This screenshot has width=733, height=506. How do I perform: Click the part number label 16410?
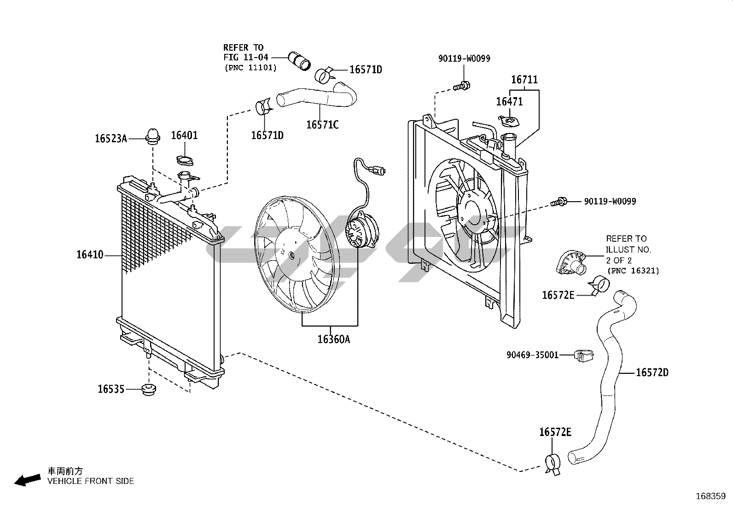[90, 255]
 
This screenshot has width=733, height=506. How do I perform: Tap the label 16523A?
[111, 138]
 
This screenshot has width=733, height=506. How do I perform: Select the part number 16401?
[184, 135]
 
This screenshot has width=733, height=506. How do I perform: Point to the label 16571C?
[322, 125]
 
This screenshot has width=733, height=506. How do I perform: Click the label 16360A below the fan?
[333, 339]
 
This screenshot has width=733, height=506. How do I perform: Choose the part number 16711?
[524, 80]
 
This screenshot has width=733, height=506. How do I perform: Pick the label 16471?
[509, 102]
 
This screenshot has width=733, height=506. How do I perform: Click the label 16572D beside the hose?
[652, 372]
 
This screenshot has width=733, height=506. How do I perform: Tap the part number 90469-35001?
[532, 355]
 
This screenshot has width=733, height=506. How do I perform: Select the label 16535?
[111, 389]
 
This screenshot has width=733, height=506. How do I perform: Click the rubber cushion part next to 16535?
[148, 389]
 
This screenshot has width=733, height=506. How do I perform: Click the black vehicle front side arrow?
[27, 480]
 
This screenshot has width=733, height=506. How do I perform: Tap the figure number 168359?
[710, 496]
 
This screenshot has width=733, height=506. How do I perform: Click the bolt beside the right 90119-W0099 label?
[559, 201]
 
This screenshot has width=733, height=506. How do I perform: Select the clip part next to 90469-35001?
[583, 355]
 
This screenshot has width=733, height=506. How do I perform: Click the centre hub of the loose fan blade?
[291, 254]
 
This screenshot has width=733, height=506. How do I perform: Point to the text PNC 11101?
[250, 68]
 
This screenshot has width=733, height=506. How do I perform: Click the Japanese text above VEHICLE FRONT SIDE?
[65, 471]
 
